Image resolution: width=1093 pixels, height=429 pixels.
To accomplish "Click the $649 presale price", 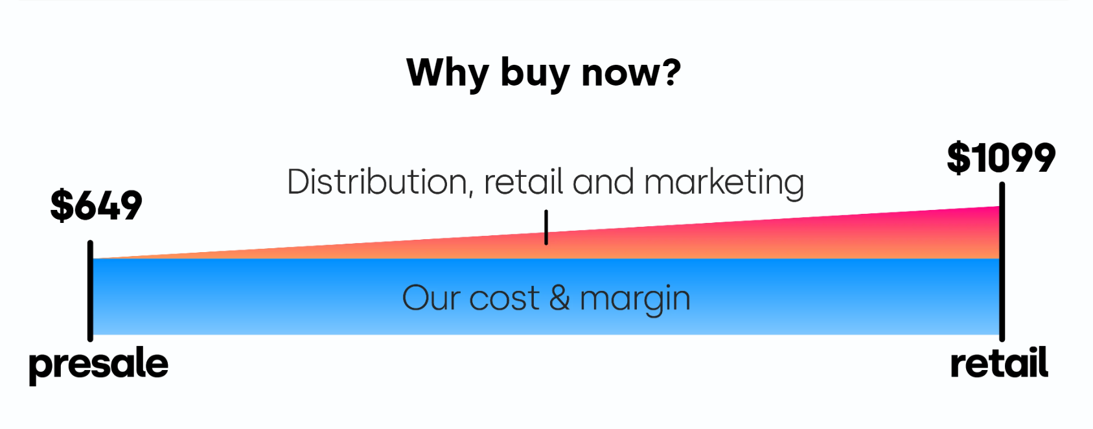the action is coord(96,205).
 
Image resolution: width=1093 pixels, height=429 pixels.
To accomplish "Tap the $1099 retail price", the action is coord(1001,158).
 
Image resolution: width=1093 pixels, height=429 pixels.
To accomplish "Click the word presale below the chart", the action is coord(98,365).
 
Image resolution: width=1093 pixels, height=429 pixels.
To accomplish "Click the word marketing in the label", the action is coord(724,183).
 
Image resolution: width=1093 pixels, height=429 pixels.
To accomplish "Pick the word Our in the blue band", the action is coord(430,297).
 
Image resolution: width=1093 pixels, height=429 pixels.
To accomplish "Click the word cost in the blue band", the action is coord(504,299).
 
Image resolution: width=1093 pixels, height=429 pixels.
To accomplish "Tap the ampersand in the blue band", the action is coord(559,297).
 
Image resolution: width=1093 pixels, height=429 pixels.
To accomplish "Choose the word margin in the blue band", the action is coord(636,299).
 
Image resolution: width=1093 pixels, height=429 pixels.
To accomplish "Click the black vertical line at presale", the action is coord(90,291).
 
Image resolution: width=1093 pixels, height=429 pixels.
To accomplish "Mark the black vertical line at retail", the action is coord(1002,262).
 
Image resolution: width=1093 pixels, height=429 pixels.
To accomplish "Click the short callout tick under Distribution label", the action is coord(546,227).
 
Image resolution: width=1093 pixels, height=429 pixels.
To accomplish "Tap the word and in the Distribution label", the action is coord(603,181).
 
